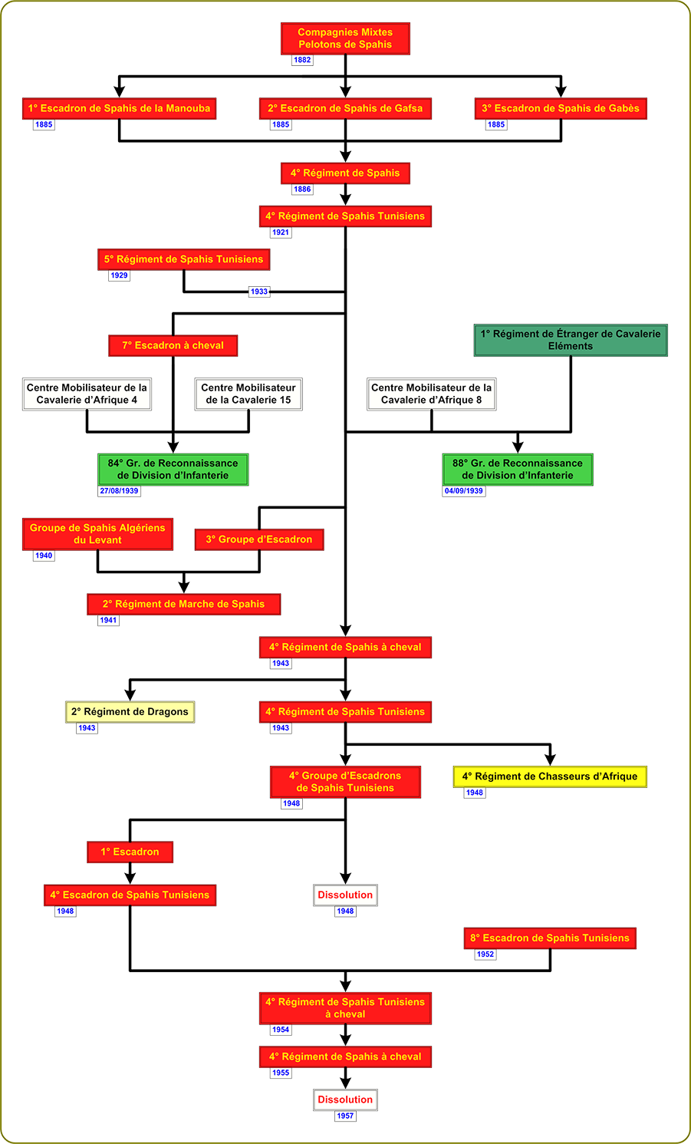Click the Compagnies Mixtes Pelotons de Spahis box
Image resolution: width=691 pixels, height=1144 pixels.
coord(345,38)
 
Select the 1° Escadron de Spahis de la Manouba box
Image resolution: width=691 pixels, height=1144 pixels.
coord(119,108)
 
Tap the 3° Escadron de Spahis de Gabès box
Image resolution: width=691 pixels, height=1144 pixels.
coord(561,108)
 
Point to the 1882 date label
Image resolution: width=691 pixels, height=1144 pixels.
coord(302,60)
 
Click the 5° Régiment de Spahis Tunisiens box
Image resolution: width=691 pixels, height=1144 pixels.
coord(184,259)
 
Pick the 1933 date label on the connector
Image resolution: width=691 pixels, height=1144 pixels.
coord(258,292)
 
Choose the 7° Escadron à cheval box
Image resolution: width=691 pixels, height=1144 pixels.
coord(173,346)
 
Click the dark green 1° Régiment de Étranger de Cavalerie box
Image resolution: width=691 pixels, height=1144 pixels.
coord(571,340)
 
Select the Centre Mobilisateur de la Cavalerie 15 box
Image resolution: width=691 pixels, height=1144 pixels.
coord(248,394)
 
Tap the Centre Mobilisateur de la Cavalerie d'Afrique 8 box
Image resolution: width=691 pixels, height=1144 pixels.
coord(431,394)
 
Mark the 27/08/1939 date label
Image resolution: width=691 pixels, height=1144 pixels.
coord(119,491)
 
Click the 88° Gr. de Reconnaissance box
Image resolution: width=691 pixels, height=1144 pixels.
coord(518,470)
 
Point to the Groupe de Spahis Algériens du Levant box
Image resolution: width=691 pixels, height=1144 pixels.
coord(97,534)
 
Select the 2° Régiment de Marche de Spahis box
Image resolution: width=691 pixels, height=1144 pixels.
coord(184,604)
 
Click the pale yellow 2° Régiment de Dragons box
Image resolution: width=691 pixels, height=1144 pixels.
coord(130,712)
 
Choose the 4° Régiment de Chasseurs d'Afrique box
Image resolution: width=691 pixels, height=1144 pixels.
coord(550,776)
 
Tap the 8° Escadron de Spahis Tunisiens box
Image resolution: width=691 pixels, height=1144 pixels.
coord(550,938)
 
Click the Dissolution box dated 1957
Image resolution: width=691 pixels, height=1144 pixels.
coord(345,1099)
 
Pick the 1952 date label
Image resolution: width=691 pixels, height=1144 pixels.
coord(485,954)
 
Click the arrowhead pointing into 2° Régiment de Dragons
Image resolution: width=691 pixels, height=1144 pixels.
coord(130,695)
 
